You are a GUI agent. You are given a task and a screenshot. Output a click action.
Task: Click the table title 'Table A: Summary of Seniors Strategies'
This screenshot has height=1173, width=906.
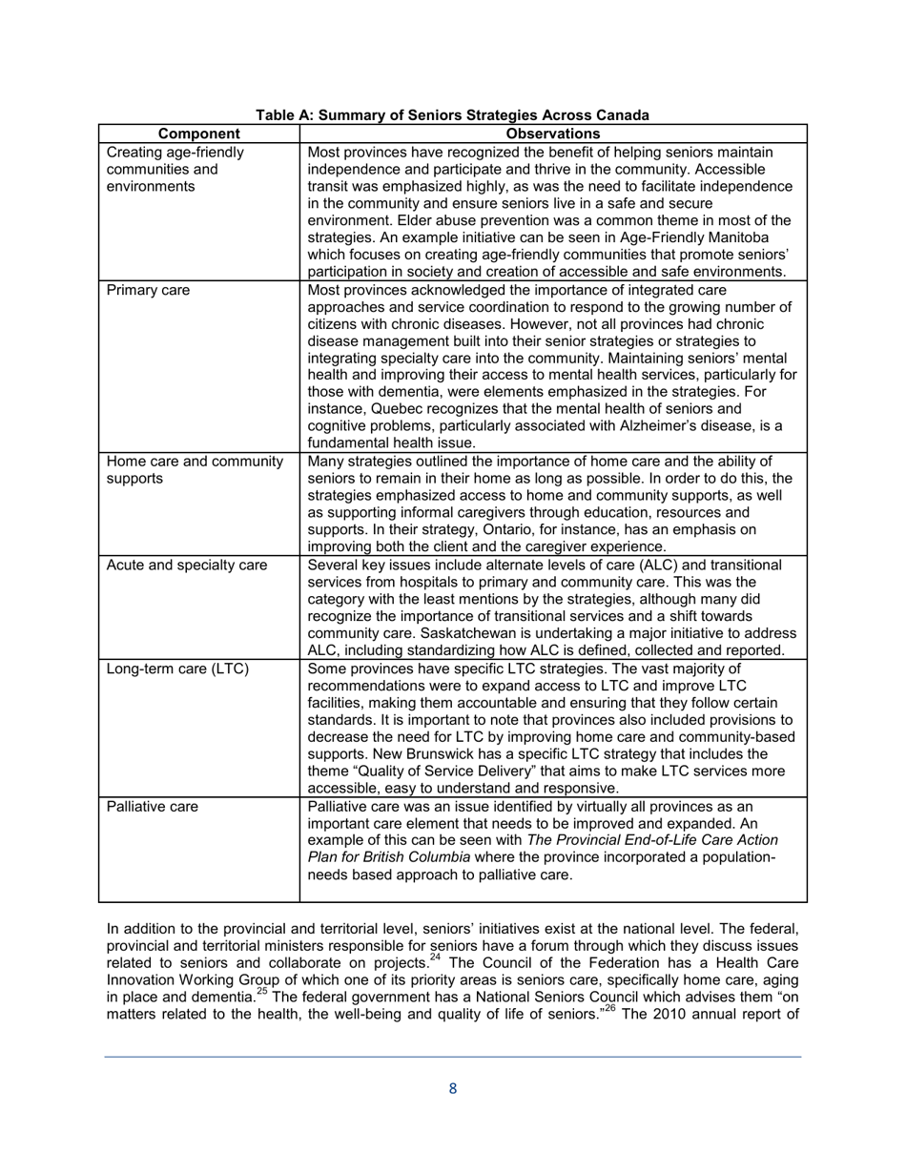(x=452, y=115)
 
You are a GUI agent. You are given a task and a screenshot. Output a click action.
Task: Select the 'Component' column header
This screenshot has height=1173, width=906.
(x=198, y=134)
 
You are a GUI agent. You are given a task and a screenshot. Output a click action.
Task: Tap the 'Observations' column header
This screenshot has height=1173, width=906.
(x=553, y=134)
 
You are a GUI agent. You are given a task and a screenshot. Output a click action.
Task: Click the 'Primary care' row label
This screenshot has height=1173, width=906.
(x=148, y=290)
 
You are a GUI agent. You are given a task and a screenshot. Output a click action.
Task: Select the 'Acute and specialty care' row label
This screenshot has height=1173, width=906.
(x=187, y=566)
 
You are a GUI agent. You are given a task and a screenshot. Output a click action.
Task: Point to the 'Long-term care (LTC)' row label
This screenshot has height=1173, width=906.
(x=177, y=669)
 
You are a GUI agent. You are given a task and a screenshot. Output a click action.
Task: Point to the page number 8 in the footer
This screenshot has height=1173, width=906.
(x=453, y=1088)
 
